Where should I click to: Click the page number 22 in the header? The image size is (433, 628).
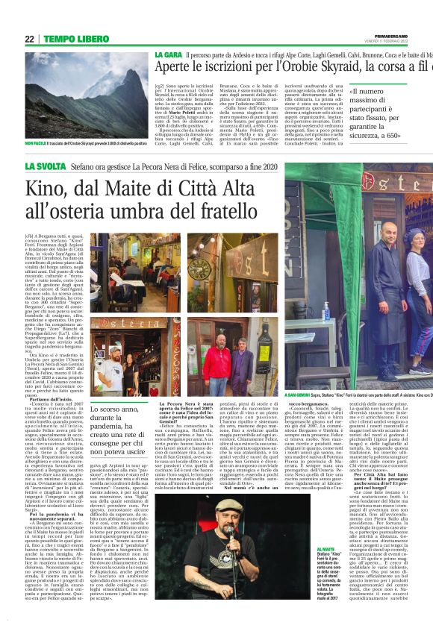tap(29, 39)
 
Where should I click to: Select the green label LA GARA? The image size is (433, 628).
tap(168, 56)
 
